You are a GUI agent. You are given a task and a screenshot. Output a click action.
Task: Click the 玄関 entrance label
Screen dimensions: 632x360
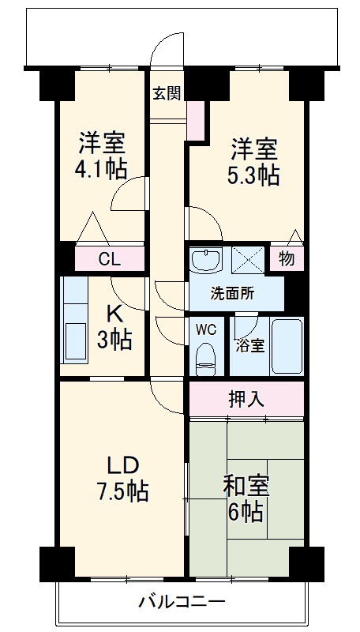coord(167,92)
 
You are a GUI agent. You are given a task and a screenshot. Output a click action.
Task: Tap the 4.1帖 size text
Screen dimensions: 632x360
coord(102,169)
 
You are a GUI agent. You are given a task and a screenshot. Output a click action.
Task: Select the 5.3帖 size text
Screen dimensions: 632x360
coord(254,175)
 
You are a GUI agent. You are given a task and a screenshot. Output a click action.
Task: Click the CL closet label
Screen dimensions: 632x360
coord(109,258)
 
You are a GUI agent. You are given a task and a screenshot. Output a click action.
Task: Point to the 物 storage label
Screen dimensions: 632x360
coord(287,258)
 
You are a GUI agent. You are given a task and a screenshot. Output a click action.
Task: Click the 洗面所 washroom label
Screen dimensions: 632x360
coord(232,294)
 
